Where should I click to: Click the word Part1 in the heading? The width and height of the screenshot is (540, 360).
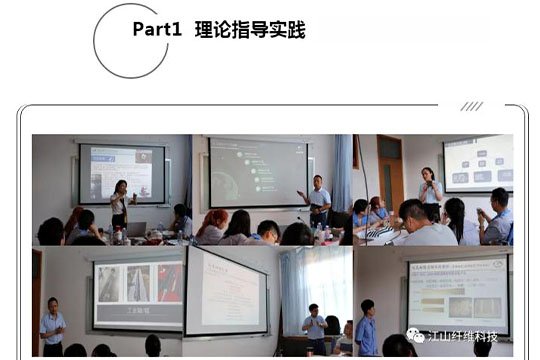[x=156, y=30]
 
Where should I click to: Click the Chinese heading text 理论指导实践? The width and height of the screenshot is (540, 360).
[x=250, y=30]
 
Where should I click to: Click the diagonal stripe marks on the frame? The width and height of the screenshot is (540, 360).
[x=472, y=106]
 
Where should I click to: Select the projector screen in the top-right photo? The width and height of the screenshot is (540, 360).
[x=478, y=162]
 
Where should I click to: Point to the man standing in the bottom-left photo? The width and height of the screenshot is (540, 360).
[x=52, y=325]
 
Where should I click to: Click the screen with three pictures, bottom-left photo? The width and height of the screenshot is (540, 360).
[x=137, y=293]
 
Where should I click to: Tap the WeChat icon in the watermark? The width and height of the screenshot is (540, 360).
[x=415, y=335]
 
